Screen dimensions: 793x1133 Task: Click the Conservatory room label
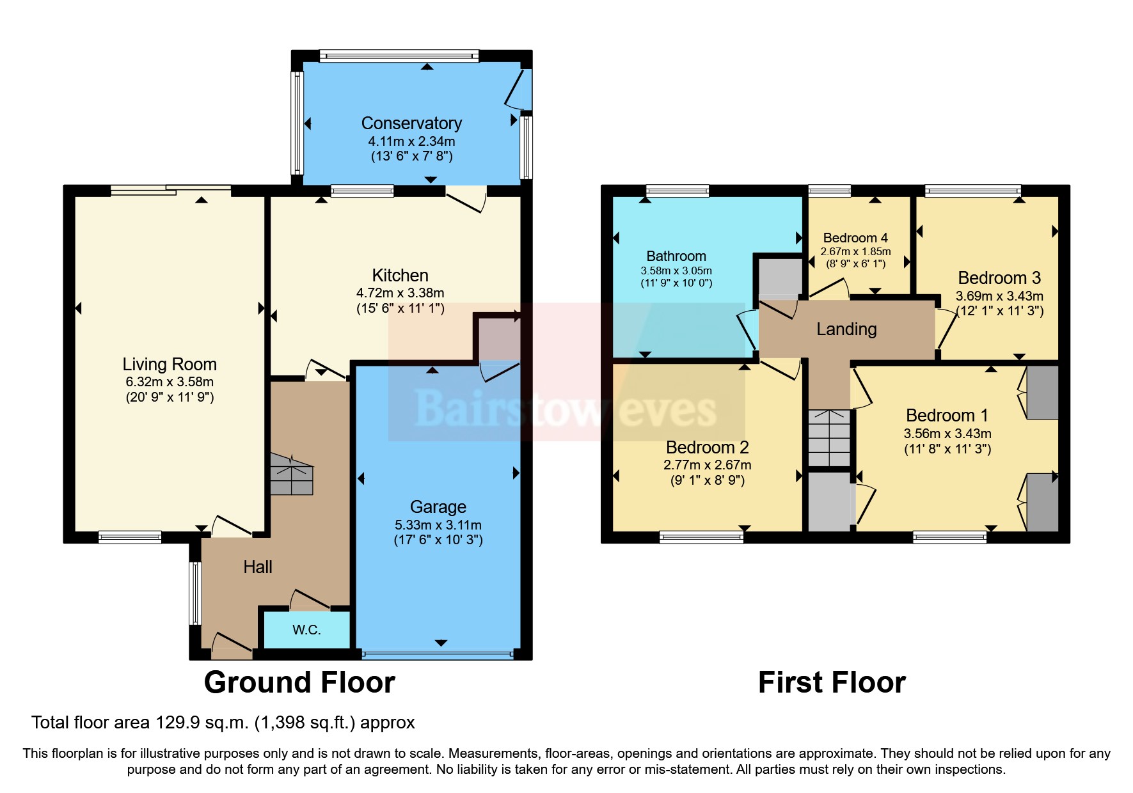pyautogui.click(x=411, y=123)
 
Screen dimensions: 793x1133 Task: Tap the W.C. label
pyautogui.click(x=306, y=630)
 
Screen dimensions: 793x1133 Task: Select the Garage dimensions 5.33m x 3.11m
pyautogui.click(x=438, y=525)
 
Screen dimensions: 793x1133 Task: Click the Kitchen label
pyautogui.click(x=400, y=276)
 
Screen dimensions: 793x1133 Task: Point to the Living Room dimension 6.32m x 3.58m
pyautogui.click(x=170, y=382)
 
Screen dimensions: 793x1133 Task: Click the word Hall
pyautogui.click(x=258, y=567)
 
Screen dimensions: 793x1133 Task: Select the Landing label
pyautogui.click(x=846, y=329)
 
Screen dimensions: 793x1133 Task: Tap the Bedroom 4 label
pyautogui.click(x=855, y=238)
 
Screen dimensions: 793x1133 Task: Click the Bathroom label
pyautogui.click(x=676, y=256)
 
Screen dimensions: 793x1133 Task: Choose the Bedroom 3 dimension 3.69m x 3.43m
pyautogui.click(x=999, y=296)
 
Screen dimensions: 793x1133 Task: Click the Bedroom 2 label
pyautogui.click(x=707, y=447)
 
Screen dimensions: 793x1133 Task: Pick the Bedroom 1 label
pyautogui.click(x=947, y=416)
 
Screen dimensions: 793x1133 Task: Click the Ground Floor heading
pyautogui.click(x=299, y=682)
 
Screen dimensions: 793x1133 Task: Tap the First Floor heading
pyautogui.click(x=832, y=682)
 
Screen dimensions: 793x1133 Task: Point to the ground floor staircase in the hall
pyautogui.click(x=292, y=475)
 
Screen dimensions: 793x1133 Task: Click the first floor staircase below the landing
pyautogui.click(x=829, y=438)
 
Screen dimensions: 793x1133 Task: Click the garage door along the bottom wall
pyautogui.click(x=438, y=655)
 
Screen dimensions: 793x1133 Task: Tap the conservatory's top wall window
pyautogui.click(x=399, y=56)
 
